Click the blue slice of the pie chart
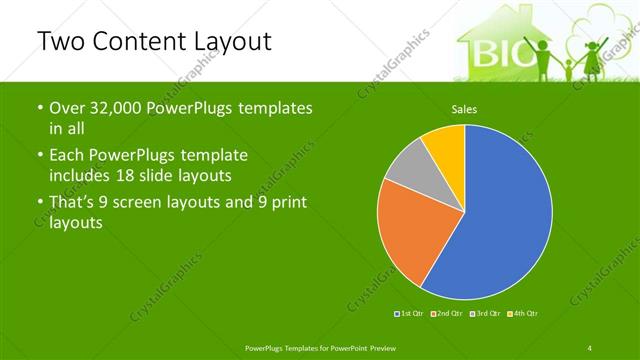pos(500,220)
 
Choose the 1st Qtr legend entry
pos(411,315)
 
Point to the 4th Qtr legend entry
pos(523,315)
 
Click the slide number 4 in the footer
pos(590,347)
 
